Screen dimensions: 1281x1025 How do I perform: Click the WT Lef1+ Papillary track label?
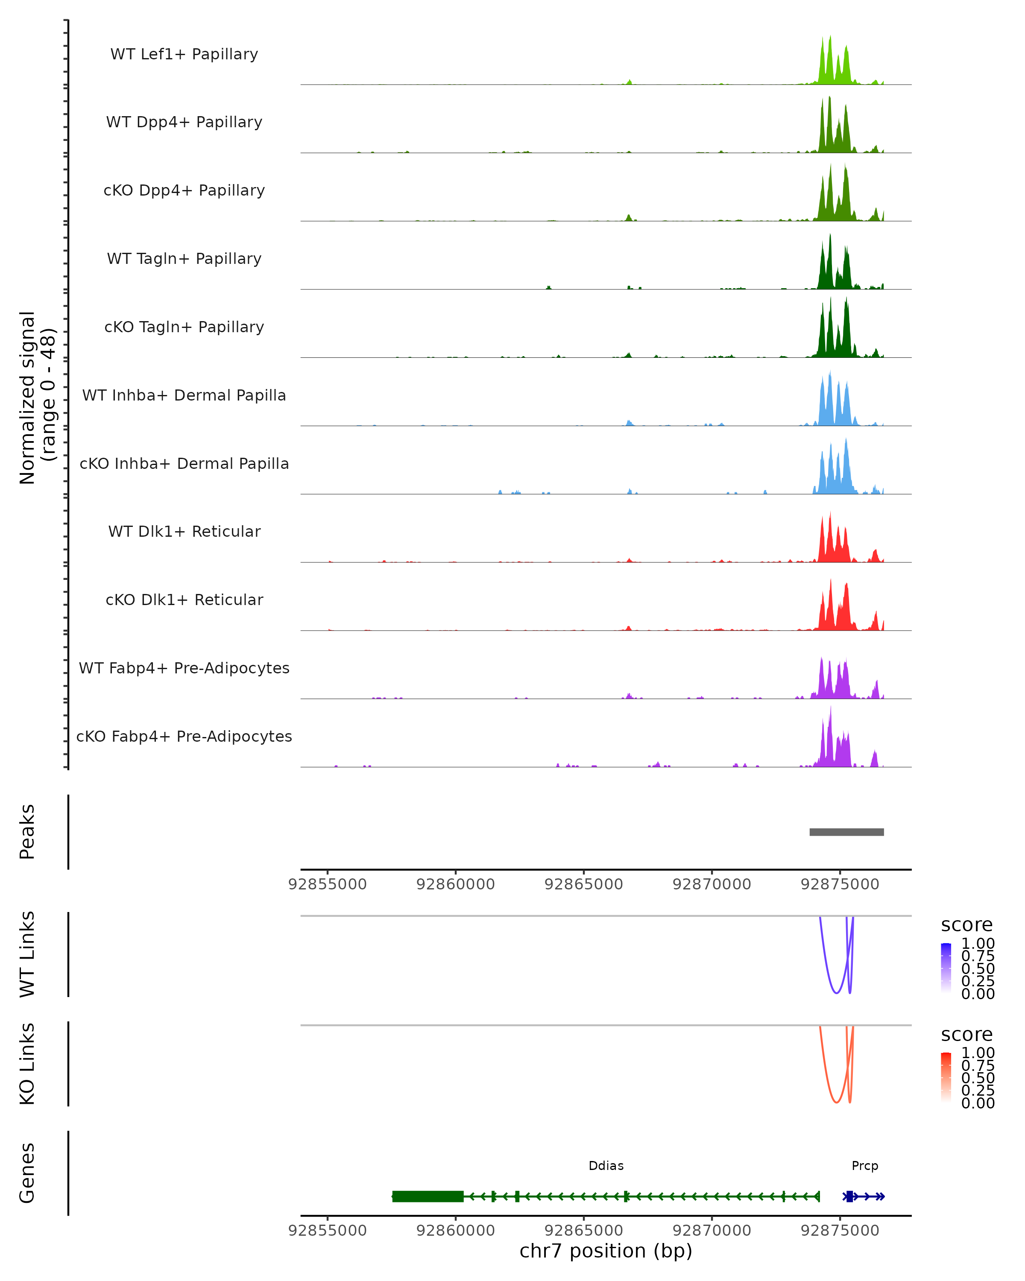(184, 54)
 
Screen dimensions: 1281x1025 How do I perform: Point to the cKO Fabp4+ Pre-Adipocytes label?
(184, 736)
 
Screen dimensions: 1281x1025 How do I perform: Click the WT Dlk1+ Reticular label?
(184, 531)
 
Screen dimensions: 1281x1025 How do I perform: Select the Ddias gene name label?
(606, 1166)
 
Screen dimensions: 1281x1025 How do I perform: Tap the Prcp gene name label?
(864, 1166)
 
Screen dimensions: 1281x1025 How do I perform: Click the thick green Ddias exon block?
(428, 1196)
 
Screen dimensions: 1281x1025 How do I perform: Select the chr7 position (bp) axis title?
(606, 1251)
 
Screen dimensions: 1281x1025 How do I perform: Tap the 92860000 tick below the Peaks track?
(456, 884)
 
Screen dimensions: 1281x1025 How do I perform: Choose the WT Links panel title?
(27, 954)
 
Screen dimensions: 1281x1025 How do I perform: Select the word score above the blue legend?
(967, 925)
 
